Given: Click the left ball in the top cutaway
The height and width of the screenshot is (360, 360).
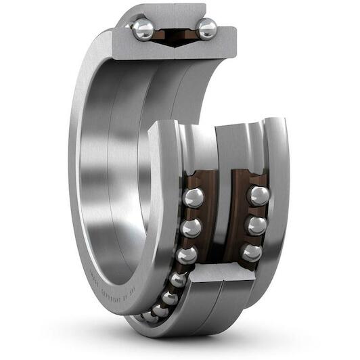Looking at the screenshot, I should (x=143, y=29).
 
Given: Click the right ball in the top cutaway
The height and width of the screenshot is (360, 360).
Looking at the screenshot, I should (x=206, y=28).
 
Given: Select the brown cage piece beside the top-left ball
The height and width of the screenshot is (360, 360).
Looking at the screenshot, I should (x=160, y=33).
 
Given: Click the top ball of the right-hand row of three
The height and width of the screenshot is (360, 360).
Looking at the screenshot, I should (x=258, y=196).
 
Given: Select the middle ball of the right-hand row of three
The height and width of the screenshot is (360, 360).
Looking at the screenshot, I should (x=255, y=225).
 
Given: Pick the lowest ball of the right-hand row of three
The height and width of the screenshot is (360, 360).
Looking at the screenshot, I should (x=252, y=252).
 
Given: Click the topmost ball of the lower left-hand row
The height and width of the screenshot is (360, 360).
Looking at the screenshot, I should (x=194, y=198).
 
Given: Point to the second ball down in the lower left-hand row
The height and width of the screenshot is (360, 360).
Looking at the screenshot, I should (x=191, y=227).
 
